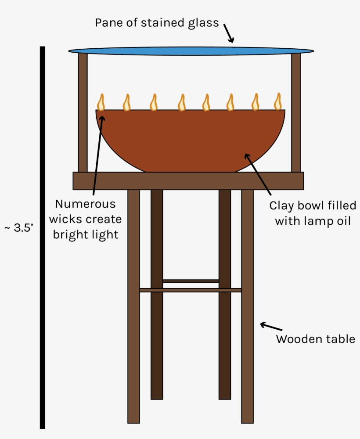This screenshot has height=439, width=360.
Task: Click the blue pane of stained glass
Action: click(x=191, y=51)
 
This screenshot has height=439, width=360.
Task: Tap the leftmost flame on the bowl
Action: click(x=101, y=102)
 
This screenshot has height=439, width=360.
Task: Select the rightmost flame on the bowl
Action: click(x=278, y=101)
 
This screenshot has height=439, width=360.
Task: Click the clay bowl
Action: click(x=191, y=140)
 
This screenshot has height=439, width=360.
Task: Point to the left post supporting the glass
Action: click(x=83, y=112)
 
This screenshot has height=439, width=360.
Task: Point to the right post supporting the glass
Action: click(x=296, y=112)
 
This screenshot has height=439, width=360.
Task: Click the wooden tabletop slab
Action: click(x=188, y=181)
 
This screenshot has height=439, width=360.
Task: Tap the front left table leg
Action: click(x=133, y=306)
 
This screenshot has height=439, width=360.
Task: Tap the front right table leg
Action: click(x=248, y=306)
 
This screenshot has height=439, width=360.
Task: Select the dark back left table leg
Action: click(x=157, y=295)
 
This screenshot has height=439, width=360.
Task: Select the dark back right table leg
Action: click(x=225, y=295)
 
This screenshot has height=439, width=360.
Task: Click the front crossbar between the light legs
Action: click(x=191, y=290)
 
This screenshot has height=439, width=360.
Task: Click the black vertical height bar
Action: click(x=43, y=237)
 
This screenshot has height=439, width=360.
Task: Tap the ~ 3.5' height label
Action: click(x=19, y=227)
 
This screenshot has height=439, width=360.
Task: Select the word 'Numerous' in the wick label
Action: click(x=85, y=204)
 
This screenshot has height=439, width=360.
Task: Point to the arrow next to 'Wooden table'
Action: click(x=271, y=327)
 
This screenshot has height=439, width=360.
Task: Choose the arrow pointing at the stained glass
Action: click(x=229, y=33)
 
